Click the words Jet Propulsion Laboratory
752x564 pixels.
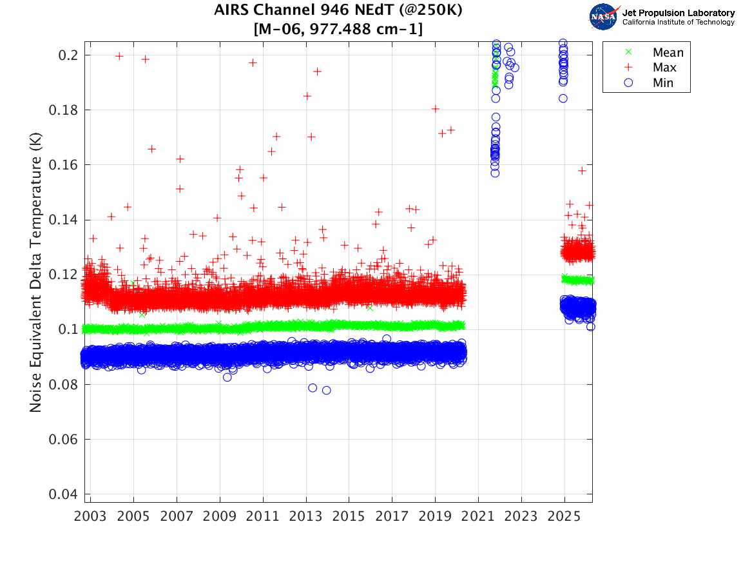(x=678, y=13)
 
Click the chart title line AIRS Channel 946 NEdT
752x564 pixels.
(x=338, y=10)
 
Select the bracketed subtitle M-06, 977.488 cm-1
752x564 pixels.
(x=338, y=29)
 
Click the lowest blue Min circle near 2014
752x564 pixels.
(x=326, y=390)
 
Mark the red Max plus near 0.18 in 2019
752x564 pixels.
(x=436, y=109)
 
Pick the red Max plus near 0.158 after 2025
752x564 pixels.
(x=582, y=171)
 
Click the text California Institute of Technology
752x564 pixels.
(x=678, y=23)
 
